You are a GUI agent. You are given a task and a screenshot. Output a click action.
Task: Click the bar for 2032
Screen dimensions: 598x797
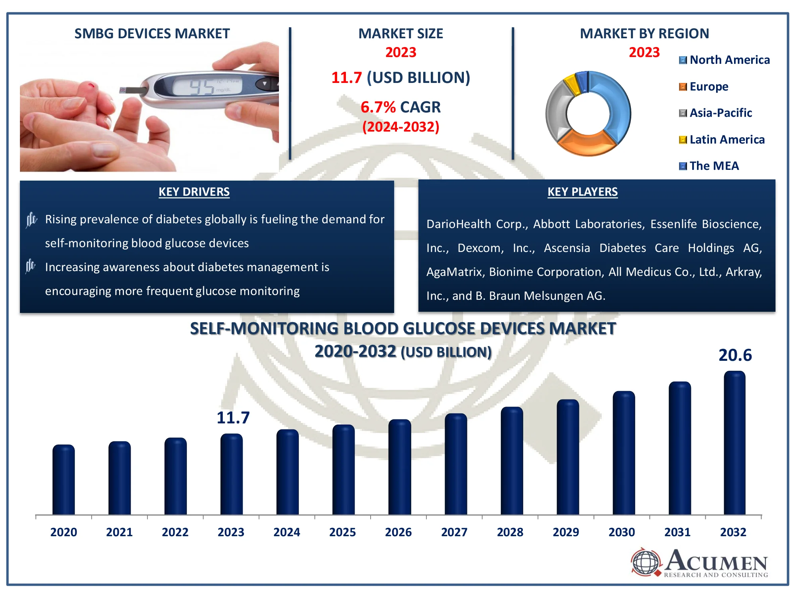734,443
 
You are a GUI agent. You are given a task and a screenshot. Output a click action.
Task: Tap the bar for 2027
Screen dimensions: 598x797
455,464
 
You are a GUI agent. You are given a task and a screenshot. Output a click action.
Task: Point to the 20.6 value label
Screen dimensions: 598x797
735,355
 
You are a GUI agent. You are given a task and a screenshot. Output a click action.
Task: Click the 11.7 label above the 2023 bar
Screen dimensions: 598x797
233,418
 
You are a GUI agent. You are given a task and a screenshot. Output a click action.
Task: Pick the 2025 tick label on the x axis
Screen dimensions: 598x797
342,532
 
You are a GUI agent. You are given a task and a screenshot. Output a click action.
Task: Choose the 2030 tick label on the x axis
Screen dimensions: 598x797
622,532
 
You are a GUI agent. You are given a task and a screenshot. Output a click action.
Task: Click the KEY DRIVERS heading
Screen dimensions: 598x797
194,192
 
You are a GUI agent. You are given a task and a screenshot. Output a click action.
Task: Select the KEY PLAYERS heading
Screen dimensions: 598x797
582,192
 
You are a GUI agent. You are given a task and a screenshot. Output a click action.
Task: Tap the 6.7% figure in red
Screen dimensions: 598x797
378,107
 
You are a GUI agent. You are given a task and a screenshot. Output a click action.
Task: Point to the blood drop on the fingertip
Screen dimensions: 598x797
92,85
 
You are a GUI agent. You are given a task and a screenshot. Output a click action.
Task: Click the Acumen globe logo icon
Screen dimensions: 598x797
646,563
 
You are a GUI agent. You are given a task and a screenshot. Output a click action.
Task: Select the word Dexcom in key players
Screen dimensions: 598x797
480,248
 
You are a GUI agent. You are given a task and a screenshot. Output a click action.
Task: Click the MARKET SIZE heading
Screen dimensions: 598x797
400,33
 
